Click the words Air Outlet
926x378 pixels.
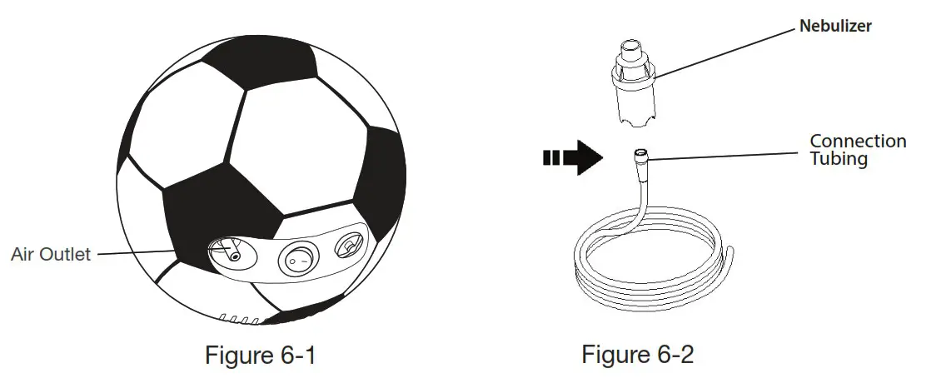click(x=51, y=255)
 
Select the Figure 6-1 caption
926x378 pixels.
click(x=261, y=356)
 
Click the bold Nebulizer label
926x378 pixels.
click(x=835, y=27)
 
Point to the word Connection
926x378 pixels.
click(x=858, y=142)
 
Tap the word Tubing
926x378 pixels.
click(x=839, y=158)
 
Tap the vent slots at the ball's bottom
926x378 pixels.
click(x=236, y=319)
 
